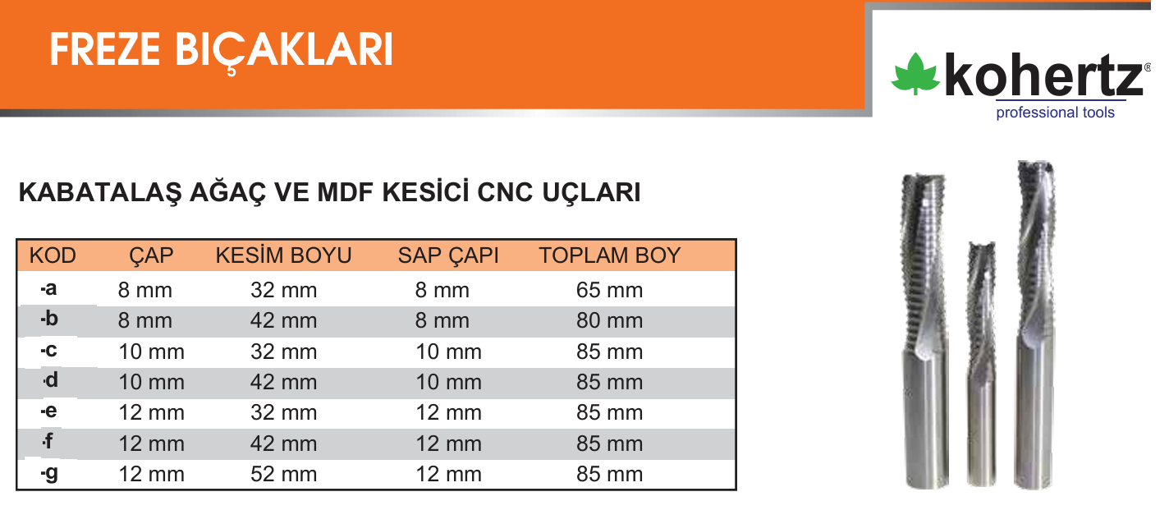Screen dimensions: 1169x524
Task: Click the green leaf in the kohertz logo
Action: pyautogui.click(x=915, y=74)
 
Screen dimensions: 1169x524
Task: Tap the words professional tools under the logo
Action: pyautogui.click(x=1055, y=113)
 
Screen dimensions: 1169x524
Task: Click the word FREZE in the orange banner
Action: pyautogui.click(x=104, y=49)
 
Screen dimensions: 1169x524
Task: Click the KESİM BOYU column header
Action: pyautogui.click(x=283, y=255)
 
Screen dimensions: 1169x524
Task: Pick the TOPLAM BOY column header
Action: pyautogui.click(x=610, y=255)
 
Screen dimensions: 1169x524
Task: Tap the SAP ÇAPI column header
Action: pyautogui.click(x=448, y=255)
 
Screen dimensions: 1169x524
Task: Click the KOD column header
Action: pyautogui.click(x=53, y=255)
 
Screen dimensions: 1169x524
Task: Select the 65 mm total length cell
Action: pyautogui.click(x=610, y=290)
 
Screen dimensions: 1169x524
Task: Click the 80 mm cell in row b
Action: pyautogui.click(x=610, y=320)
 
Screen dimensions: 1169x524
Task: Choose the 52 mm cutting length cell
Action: pyautogui.click(x=283, y=475)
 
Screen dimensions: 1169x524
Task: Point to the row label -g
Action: pyautogui.click(x=49, y=473)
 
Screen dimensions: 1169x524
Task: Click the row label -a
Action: pyautogui.click(x=48, y=288)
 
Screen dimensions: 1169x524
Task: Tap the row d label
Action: pyautogui.click(x=51, y=380)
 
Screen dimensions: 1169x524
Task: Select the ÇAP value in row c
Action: pyautogui.click(x=151, y=352)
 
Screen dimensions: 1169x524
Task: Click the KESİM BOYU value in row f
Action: pyautogui.click(x=283, y=444)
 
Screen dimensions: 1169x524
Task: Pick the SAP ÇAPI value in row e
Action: pyautogui.click(x=448, y=413)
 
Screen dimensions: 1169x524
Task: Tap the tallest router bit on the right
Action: pyautogui.click(x=1036, y=324)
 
